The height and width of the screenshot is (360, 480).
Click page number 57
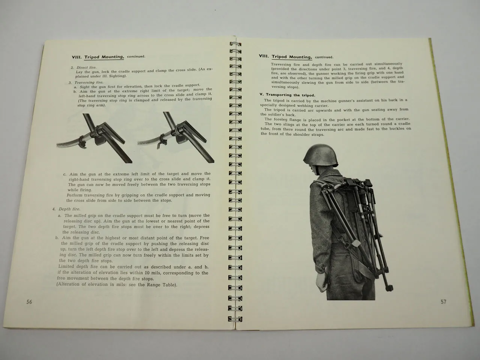pyautogui.click(x=444, y=301)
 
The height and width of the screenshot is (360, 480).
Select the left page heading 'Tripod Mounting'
pyautogui.click(x=104, y=57)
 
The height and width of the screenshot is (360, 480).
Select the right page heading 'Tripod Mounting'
pyautogui.click(x=291, y=57)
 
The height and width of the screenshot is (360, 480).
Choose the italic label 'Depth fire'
pyautogui.click(x=69, y=209)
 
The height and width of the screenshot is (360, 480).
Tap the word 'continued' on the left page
pyautogui.click(x=136, y=57)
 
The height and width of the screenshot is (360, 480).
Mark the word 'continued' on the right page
pyautogui.click(x=324, y=57)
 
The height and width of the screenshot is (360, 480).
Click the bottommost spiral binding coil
pyautogui.click(x=233, y=319)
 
